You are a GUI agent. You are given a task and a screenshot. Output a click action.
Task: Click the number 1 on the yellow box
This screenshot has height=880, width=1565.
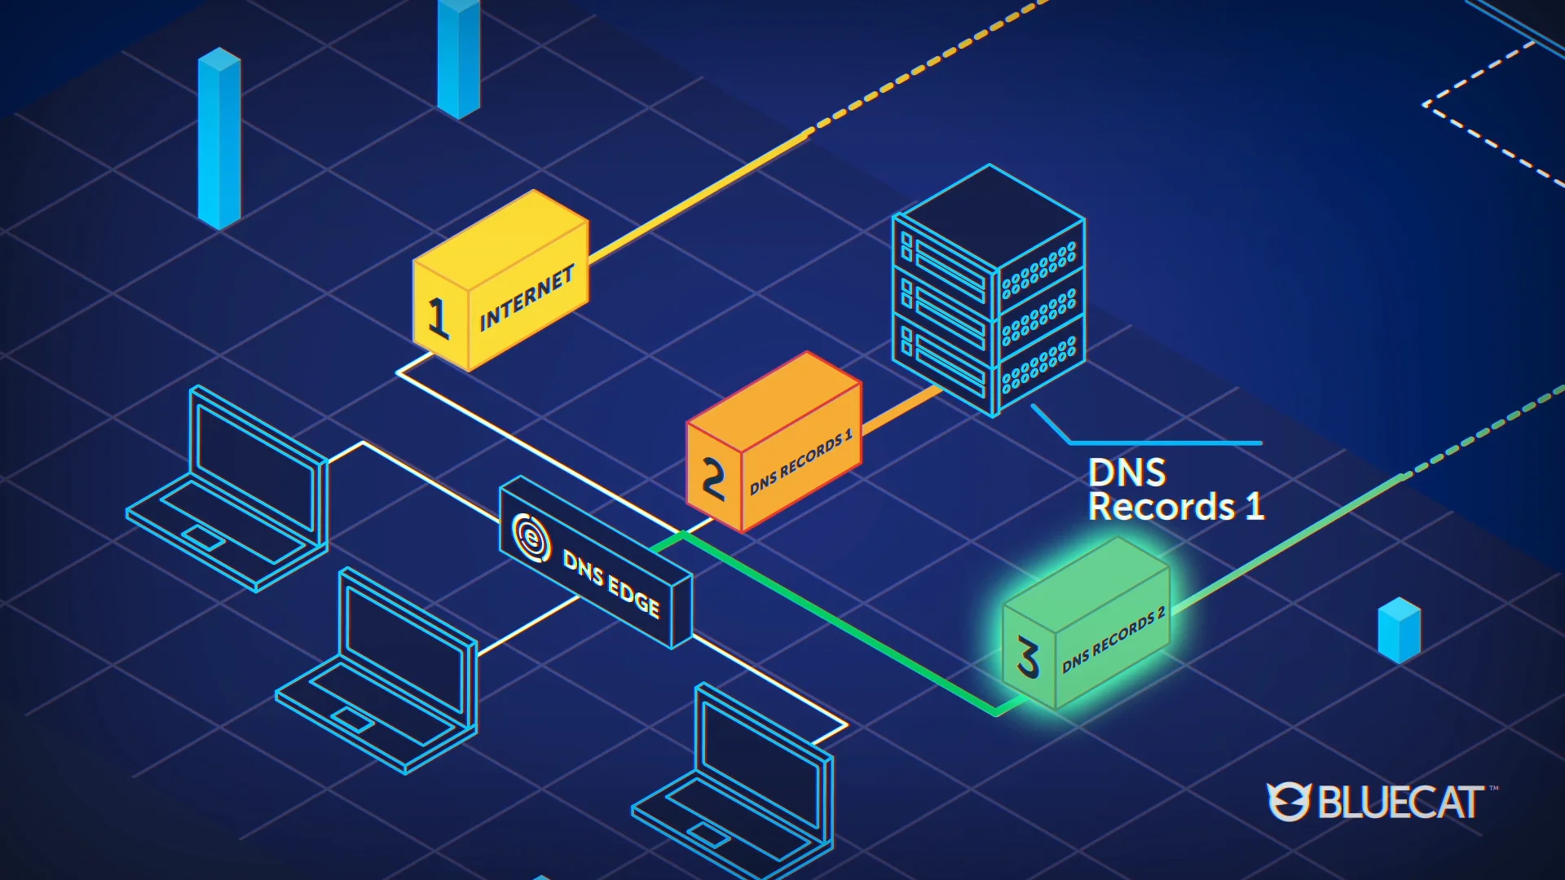[439, 317]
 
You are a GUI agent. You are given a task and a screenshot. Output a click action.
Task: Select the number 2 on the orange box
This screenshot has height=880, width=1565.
[713, 478]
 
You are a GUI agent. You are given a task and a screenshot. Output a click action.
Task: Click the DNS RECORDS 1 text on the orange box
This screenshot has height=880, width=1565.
[800, 461]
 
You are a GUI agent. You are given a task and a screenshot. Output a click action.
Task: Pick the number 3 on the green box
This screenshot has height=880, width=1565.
[1028, 658]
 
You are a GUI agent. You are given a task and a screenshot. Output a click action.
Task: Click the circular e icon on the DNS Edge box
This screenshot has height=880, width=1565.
[531, 537]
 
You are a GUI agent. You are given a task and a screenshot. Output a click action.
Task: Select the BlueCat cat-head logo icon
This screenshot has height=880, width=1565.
[1288, 802]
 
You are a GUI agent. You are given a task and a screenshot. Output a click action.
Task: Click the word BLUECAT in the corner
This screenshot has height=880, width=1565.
[1400, 803]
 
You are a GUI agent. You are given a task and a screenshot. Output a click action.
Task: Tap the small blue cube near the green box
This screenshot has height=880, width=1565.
[1399, 630]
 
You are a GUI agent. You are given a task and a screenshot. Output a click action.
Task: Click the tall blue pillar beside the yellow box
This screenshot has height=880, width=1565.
[219, 139]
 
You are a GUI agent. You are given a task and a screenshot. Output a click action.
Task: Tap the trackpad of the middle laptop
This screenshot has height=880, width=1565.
[351, 719]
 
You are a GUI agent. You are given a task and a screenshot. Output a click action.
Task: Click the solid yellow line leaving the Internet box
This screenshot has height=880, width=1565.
[693, 200]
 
